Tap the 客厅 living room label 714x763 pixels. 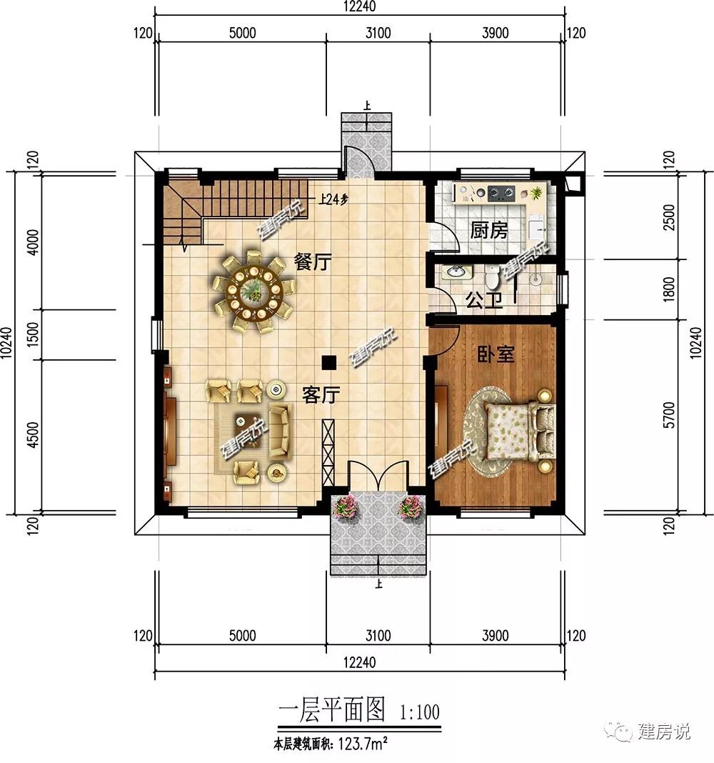pyautogui.click(x=320, y=394)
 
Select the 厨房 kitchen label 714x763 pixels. pyautogui.click(x=488, y=230)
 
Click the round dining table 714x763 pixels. pyautogui.click(x=253, y=291)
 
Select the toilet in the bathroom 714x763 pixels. pyautogui.click(x=492, y=276)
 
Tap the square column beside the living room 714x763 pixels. pyautogui.click(x=328, y=361)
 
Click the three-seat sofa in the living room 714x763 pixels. pyautogui.click(x=279, y=431)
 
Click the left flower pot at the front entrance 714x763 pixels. pyautogui.click(x=346, y=507)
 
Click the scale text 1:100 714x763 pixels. pyautogui.click(x=420, y=712)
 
